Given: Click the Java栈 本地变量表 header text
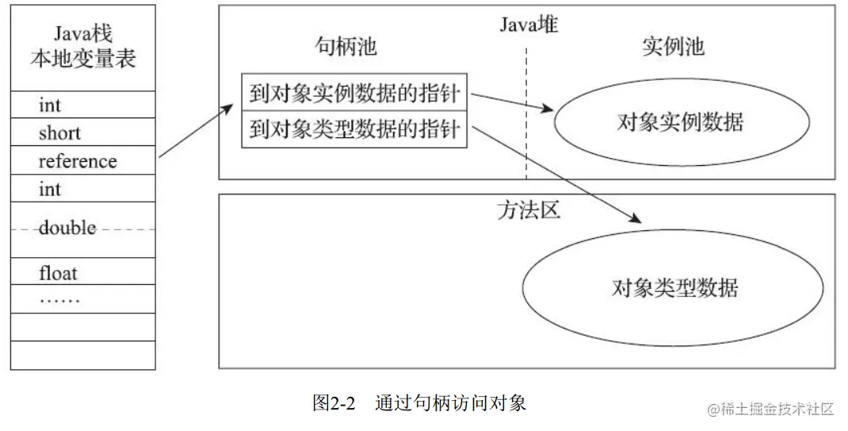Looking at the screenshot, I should pyautogui.click(x=83, y=46).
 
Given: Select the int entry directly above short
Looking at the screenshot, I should pyautogui.click(x=50, y=105).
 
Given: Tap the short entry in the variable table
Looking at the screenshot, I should pyautogui.click(x=59, y=133).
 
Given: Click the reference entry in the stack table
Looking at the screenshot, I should pyautogui.click(x=77, y=161).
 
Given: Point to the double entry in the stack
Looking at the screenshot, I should pyautogui.click(x=67, y=228).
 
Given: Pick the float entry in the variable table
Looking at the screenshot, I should pyautogui.click(x=58, y=274).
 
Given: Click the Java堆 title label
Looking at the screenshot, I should pyautogui.click(x=529, y=25).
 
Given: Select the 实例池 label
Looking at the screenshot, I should pyautogui.click(x=672, y=47).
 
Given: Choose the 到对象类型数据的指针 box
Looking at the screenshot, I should pyautogui.click(x=354, y=129).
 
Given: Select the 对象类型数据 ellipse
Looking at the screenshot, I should pyautogui.click(x=674, y=286).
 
